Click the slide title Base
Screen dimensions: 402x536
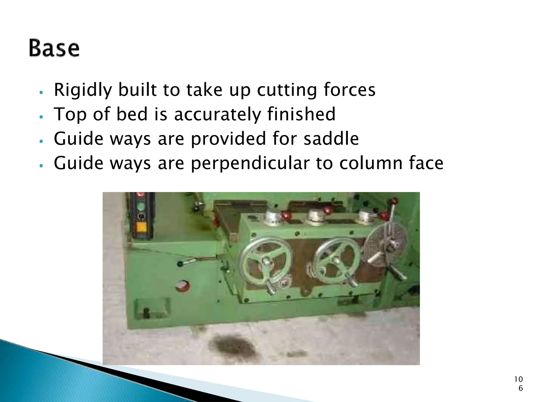coord(54,48)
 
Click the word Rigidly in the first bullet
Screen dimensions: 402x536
coord(83,90)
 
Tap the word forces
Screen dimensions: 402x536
coord(349,90)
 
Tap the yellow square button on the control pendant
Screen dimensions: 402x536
coord(142,226)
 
